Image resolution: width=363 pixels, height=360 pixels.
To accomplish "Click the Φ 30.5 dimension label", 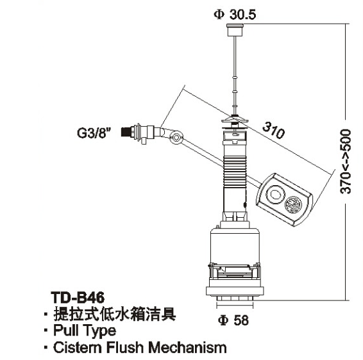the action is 235,15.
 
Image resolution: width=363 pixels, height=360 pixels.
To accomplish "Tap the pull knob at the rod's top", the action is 235,29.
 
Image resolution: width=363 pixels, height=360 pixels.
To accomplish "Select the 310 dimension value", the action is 274,131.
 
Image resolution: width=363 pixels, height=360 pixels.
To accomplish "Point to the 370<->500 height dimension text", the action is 346,161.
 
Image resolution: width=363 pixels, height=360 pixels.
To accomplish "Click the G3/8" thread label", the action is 94,133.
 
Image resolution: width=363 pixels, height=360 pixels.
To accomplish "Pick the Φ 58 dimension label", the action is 233,320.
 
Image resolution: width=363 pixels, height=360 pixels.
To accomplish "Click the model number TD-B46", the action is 78,297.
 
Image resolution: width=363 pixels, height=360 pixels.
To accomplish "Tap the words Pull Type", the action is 85,331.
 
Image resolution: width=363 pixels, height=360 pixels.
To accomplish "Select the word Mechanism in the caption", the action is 187,347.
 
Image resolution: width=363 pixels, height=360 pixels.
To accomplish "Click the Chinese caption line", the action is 115,314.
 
